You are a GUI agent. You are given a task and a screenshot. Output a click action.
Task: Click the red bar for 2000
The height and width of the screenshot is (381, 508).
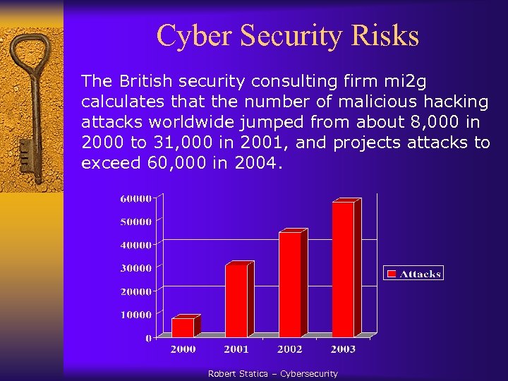[183, 327]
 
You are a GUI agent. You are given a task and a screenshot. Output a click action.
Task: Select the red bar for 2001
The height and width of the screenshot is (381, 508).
[236, 301]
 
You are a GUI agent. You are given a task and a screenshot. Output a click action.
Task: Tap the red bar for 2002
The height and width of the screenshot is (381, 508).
[290, 284]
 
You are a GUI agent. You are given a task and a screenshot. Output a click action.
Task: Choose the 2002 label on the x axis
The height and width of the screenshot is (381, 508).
[289, 349]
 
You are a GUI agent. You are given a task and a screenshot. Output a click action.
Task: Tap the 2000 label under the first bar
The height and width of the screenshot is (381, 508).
[183, 349]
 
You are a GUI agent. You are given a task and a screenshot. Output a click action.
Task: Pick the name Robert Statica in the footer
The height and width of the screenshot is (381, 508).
[238, 374]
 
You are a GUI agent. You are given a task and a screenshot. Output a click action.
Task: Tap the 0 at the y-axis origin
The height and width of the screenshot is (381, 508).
[147, 338]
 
